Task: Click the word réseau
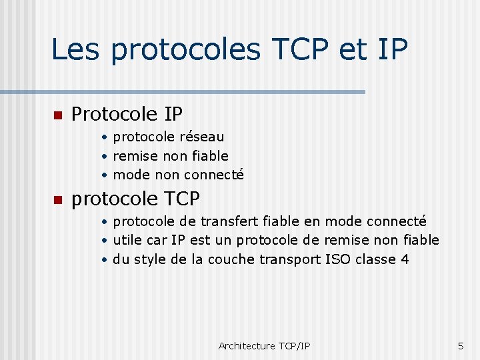tap(202, 137)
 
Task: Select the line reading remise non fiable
tap(171, 156)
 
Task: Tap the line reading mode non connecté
tap(178, 175)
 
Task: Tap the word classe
tap(375, 259)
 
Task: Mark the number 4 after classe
tap(405, 259)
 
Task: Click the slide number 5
tap(460, 345)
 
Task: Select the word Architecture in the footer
tap(246, 345)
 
